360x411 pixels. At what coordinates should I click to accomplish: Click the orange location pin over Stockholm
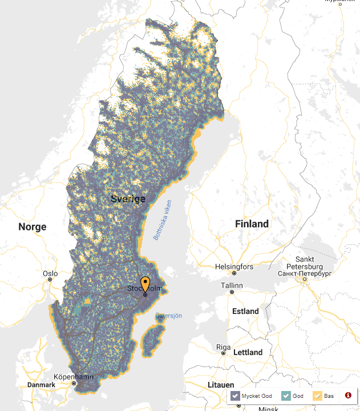pos(145,283)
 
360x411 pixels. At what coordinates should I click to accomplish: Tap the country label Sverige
pos(128,199)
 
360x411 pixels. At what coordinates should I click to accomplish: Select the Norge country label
pos(32,227)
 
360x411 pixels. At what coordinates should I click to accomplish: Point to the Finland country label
pos(252,224)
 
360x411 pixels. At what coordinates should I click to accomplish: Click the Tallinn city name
pos(232,285)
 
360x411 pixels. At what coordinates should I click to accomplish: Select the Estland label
pos(245,312)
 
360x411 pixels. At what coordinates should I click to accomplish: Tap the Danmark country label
pos(41,385)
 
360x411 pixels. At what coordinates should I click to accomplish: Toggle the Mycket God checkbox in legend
pos(234,395)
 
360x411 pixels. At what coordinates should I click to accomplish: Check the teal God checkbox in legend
pos(286,395)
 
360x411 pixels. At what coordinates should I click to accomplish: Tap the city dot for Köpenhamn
pos(74,384)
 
